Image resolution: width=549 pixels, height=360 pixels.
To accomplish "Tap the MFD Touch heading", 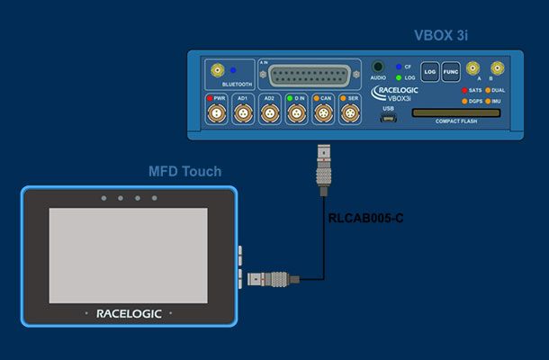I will (x=184, y=172).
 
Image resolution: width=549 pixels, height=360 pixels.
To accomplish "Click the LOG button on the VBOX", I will (x=429, y=71).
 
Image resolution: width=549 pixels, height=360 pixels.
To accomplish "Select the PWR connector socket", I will (x=216, y=113).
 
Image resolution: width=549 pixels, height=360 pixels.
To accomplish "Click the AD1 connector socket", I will (x=242, y=113).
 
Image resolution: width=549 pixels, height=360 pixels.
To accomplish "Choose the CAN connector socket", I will (x=322, y=113).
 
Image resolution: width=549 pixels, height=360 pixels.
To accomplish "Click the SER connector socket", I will (x=348, y=113).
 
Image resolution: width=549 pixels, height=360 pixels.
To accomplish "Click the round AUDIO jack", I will (x=378, y=67).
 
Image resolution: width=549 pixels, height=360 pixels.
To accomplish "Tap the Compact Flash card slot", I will (x=456, y=114).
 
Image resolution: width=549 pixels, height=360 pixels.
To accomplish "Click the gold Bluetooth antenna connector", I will (x=217, y=69).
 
